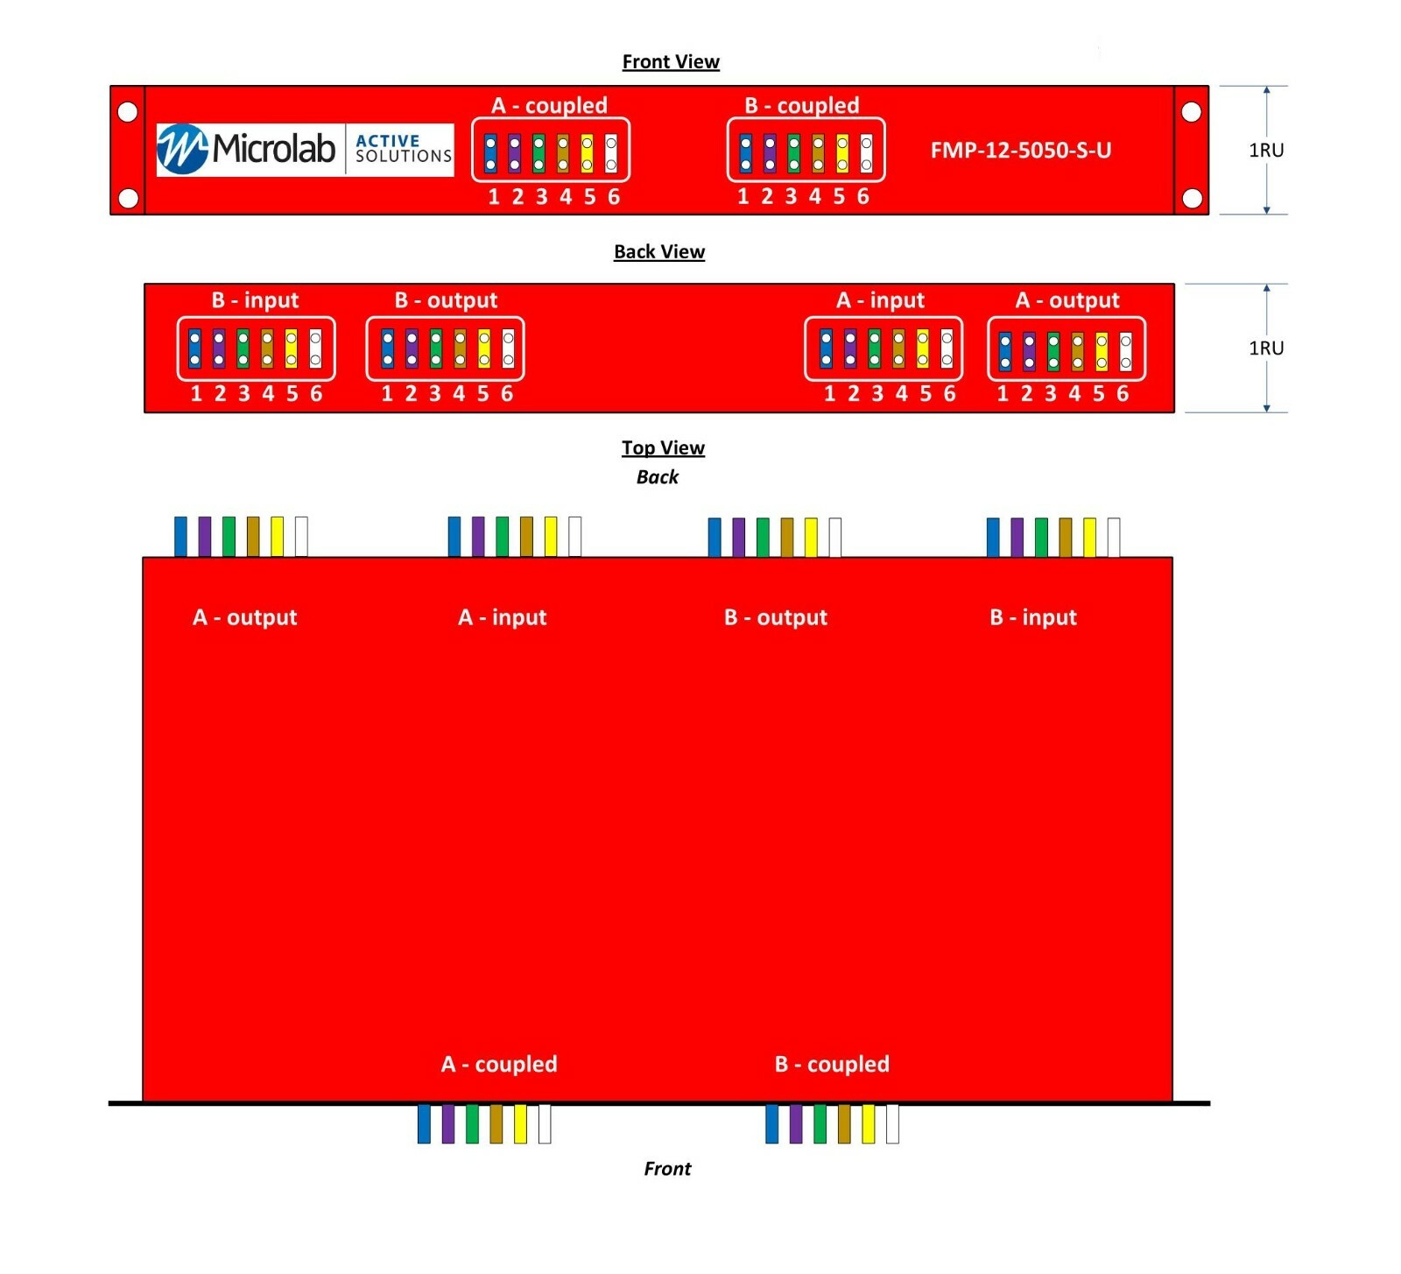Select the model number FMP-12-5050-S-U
click(1021, 151)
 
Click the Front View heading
click(671, 61)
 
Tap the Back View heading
click(659, 251)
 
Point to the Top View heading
click(663, 447)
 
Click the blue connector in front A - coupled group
click(491, 153)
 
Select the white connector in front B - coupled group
click(866, 153)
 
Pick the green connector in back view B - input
click(243, 348)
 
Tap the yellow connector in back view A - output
click(1102, 351)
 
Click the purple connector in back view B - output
click(412, 348)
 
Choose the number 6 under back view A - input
click(949, 394)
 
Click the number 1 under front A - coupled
click(494, 197)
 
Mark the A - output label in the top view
click(245, 617)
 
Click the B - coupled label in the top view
click(832, 1064)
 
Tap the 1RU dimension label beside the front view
click(1266, 150)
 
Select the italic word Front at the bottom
click(667, 1169)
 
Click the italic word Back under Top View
click(658, 477)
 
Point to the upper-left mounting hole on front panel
click(128, 112)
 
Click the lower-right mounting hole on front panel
click(1192, 198)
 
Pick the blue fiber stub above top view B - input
click(993, 537)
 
